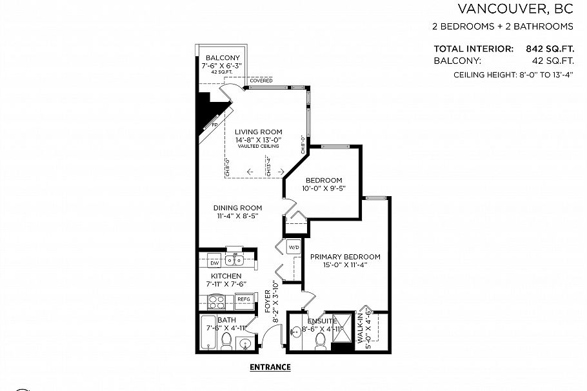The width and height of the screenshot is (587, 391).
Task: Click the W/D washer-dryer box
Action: [x=293, y=247]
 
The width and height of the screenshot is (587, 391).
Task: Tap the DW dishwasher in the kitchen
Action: [x=214, y=262]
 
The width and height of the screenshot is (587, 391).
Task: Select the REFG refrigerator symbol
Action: [x=244, y=299]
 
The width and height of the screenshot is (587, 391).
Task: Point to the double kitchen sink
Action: [x=234, y=261]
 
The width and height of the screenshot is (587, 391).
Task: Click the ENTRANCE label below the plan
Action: [x=270, y=368]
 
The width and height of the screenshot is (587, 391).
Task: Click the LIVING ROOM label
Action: [x=258, y=132]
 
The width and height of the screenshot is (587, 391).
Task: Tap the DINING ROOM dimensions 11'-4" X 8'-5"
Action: [x=238, y=217]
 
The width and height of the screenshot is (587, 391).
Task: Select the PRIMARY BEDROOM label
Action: [x=345, y=257]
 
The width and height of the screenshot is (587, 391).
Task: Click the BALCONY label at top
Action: [x=219, y=58]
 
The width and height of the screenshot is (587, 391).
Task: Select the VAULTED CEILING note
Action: [x=258, y=146]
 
